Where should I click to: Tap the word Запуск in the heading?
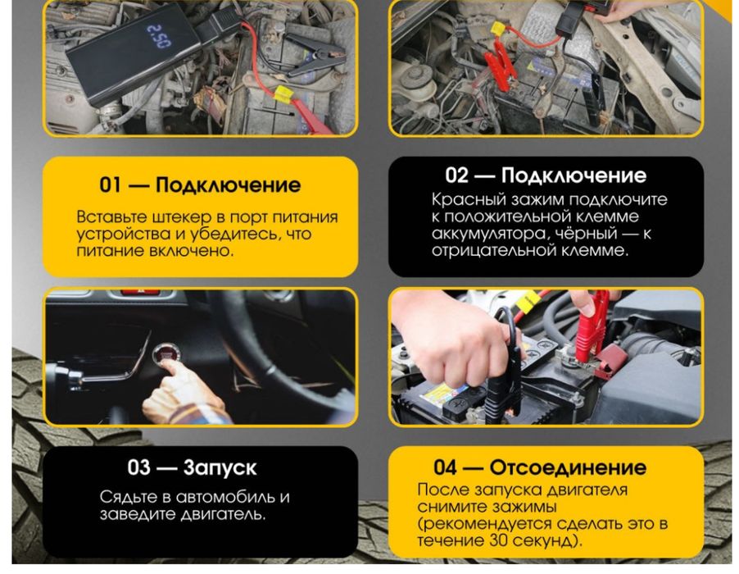click(220, 468)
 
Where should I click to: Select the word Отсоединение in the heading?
click(568, 468)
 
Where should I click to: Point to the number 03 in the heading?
click(140, 468)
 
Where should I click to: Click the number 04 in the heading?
click(446, 468)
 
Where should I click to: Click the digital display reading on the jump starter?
click(158, 36)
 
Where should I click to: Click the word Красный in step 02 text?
click(463, 200)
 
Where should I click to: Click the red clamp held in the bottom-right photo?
click(592, 328)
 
